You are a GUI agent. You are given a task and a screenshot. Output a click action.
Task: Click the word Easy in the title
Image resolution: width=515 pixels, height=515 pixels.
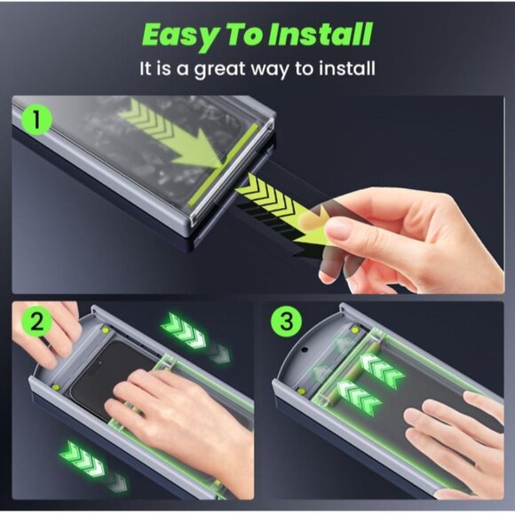tap(178, 35)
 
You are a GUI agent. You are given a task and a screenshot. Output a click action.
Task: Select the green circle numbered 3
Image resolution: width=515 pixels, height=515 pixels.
tap(286, 321)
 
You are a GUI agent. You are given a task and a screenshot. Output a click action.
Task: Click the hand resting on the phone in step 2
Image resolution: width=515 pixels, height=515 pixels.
tap(178, 408)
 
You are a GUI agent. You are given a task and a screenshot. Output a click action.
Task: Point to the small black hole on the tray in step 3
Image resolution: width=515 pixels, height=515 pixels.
tap(307, 350)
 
